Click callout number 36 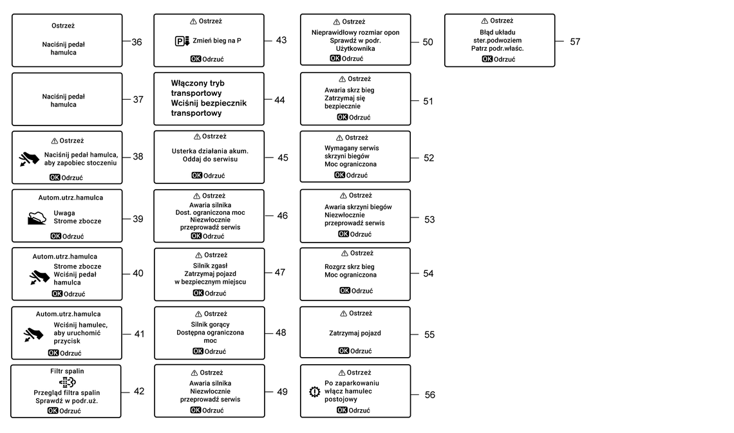pos(136,42)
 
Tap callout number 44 pos(279,100)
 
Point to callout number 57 pos(575,42)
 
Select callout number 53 pos(429,219)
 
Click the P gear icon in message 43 pos(182,41)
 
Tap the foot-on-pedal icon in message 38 pos(30,159)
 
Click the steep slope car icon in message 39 pos(37,218)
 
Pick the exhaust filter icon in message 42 pos(68,382)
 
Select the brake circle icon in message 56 pos(315,391)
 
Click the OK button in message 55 pos(344,351)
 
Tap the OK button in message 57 pos(487,59)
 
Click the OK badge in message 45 pos(196,176)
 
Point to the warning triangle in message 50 pos(337,22)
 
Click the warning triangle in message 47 pos(199,255)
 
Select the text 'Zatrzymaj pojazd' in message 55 pos(355,333)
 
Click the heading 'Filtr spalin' pos(68,371)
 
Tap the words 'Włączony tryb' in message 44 pos(198,83)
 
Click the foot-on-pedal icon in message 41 pos(33,335)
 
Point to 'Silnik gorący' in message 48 pos(210,324)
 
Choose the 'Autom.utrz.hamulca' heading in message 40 pos(65,256)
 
